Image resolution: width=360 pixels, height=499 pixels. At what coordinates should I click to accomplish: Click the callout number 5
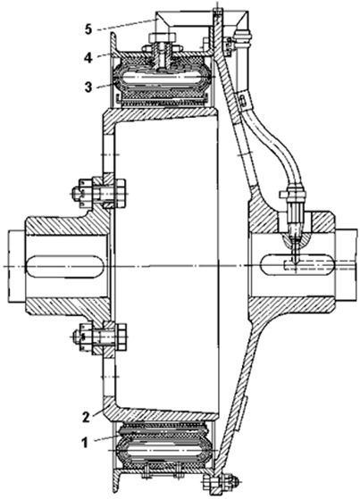pos(88,29)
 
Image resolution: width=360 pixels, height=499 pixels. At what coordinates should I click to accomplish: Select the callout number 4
pos(88,58)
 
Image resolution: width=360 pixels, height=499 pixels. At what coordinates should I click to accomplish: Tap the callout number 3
pos(88,87)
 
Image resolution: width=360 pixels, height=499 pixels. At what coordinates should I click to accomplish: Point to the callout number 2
pos(86,417)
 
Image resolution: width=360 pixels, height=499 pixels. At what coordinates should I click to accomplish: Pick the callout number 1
pos(85,443)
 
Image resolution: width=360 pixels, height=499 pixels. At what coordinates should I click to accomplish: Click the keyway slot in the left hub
pos(65,266)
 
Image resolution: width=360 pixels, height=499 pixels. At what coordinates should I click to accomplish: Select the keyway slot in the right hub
pos(297,266)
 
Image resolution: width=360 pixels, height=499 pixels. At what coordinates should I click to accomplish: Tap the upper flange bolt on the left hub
pos(98,193)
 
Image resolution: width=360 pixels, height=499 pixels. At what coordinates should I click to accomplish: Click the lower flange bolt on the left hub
pos(99,337)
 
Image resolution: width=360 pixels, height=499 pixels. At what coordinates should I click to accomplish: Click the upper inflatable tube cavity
pos(163,78)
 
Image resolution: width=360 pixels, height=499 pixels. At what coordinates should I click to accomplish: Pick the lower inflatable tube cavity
pos(163,451)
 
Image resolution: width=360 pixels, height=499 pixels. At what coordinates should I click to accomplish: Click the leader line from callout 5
pos(128,24)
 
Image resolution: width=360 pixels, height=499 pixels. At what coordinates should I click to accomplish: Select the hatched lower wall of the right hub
pos(291,305)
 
